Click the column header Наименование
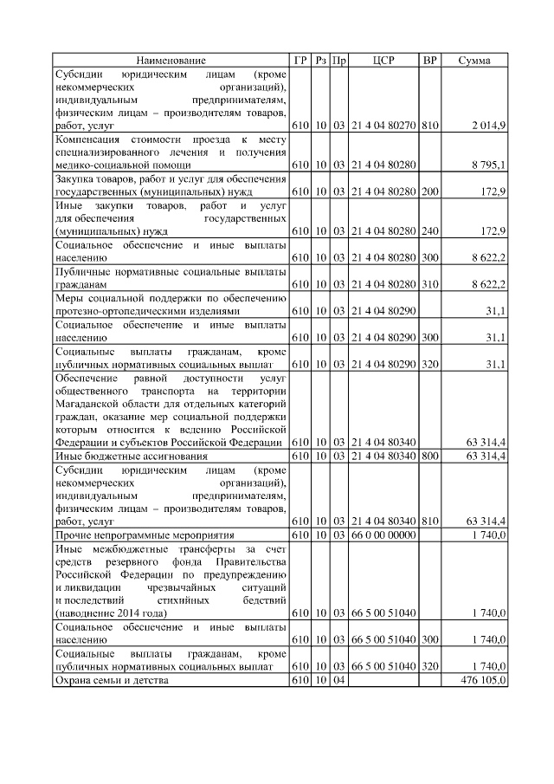[x=171, y=61]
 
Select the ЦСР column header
[x=383, y=61]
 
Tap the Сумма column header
[x=474, y=61]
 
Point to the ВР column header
[x=429, y=61]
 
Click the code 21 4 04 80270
[x=383, y=126]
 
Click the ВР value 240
[x=429, y=232]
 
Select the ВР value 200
[x=429, y=190]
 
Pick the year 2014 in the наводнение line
[x=124, y=613]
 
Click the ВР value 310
[x=429, y=284]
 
